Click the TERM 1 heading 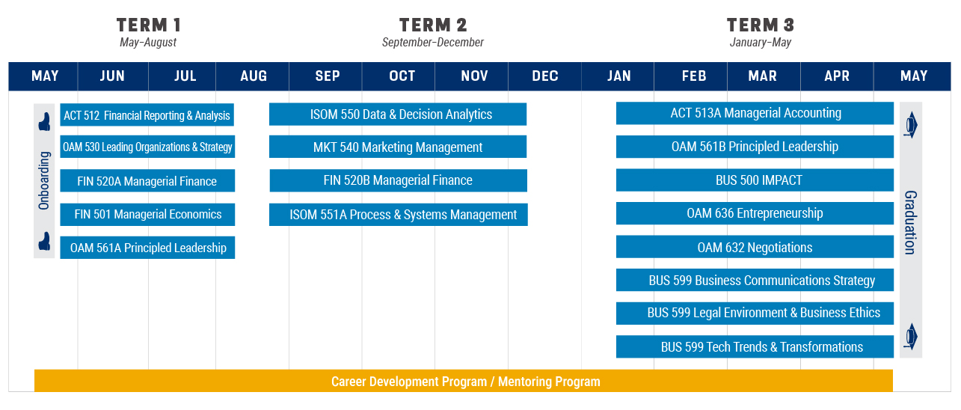tap(148, 25)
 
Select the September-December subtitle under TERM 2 tap(432, 42)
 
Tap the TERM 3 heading tap(761, 25)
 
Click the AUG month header tap(253, 76)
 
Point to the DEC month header tap(545, 76)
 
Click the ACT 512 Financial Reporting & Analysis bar tap(147, 114)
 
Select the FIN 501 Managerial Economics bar tap(147, 214)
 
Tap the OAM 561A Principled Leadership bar tap(147, 248)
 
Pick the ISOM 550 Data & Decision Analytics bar tap(398, 114)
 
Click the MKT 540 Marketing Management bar tap(398, 147)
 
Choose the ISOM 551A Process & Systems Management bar tap(398, 214)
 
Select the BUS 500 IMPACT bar tap(755, 180)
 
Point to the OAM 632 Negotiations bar tap(755, 247)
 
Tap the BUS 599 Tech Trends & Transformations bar tap(755, 346)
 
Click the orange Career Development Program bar tap(464, 381)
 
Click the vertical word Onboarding tap(44, 181)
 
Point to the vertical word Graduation tap(910, 222)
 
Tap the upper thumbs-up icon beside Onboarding tap(44, 121)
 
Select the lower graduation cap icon tap(910, 336)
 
